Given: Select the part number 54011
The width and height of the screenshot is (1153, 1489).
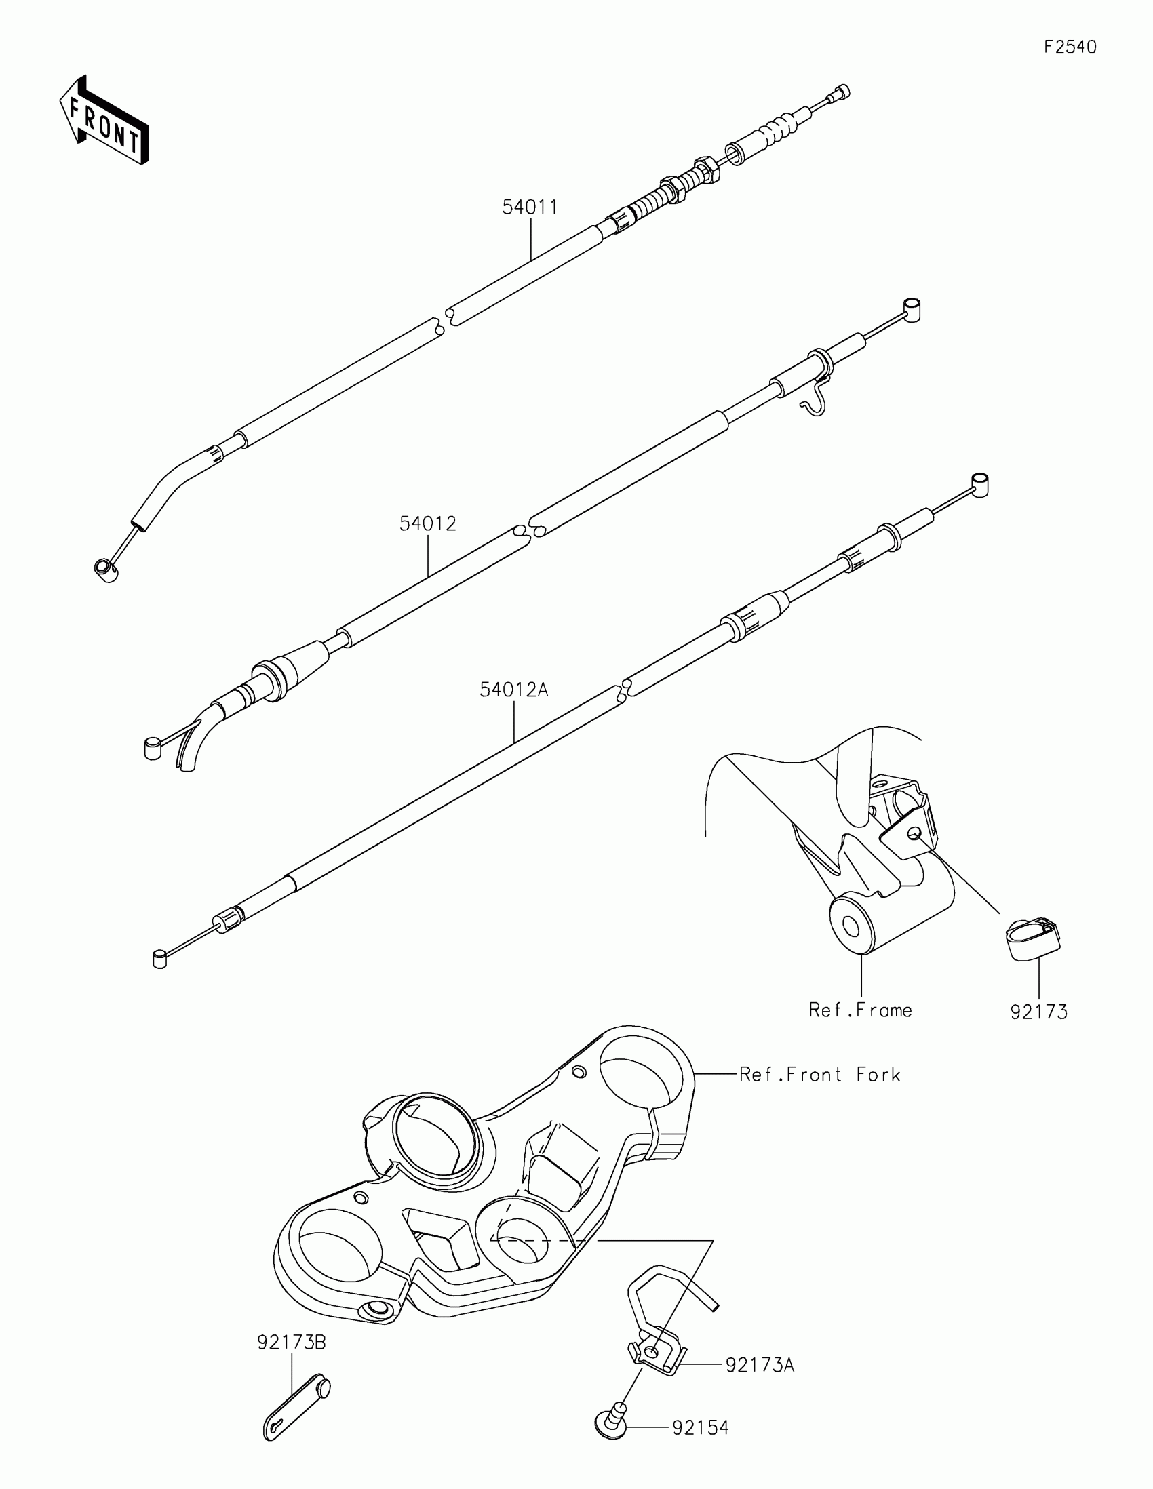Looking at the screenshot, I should click(530, 207).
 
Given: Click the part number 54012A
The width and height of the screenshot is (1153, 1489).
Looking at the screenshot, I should click(513, 690).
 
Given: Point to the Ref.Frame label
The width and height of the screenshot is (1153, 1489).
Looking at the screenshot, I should click(860, 1010).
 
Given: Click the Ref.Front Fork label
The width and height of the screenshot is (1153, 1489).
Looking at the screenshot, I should click(819, 1075).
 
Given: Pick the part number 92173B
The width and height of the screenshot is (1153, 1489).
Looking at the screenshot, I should click(291, 1343).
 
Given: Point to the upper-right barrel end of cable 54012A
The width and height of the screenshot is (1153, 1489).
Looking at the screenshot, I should click(979, 484).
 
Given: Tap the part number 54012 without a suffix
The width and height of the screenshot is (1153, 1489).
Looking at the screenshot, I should click(427, 523).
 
